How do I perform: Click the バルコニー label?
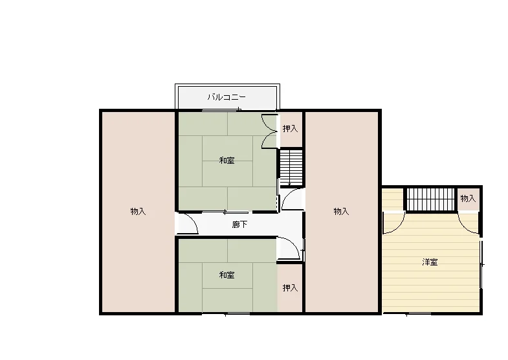226,97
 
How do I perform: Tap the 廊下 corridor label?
239,224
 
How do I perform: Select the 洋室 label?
430,262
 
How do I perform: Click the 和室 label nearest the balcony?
226,161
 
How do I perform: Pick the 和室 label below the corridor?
226,275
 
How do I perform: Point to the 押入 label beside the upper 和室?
290,129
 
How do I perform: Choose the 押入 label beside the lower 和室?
290,287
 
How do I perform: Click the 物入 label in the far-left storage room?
138,211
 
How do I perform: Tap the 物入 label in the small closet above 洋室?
468,198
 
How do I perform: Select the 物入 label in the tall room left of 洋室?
341,211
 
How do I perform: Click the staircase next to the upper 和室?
291,168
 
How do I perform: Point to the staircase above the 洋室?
431,199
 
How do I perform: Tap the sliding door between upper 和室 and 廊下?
225,212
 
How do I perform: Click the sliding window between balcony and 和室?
222,110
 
